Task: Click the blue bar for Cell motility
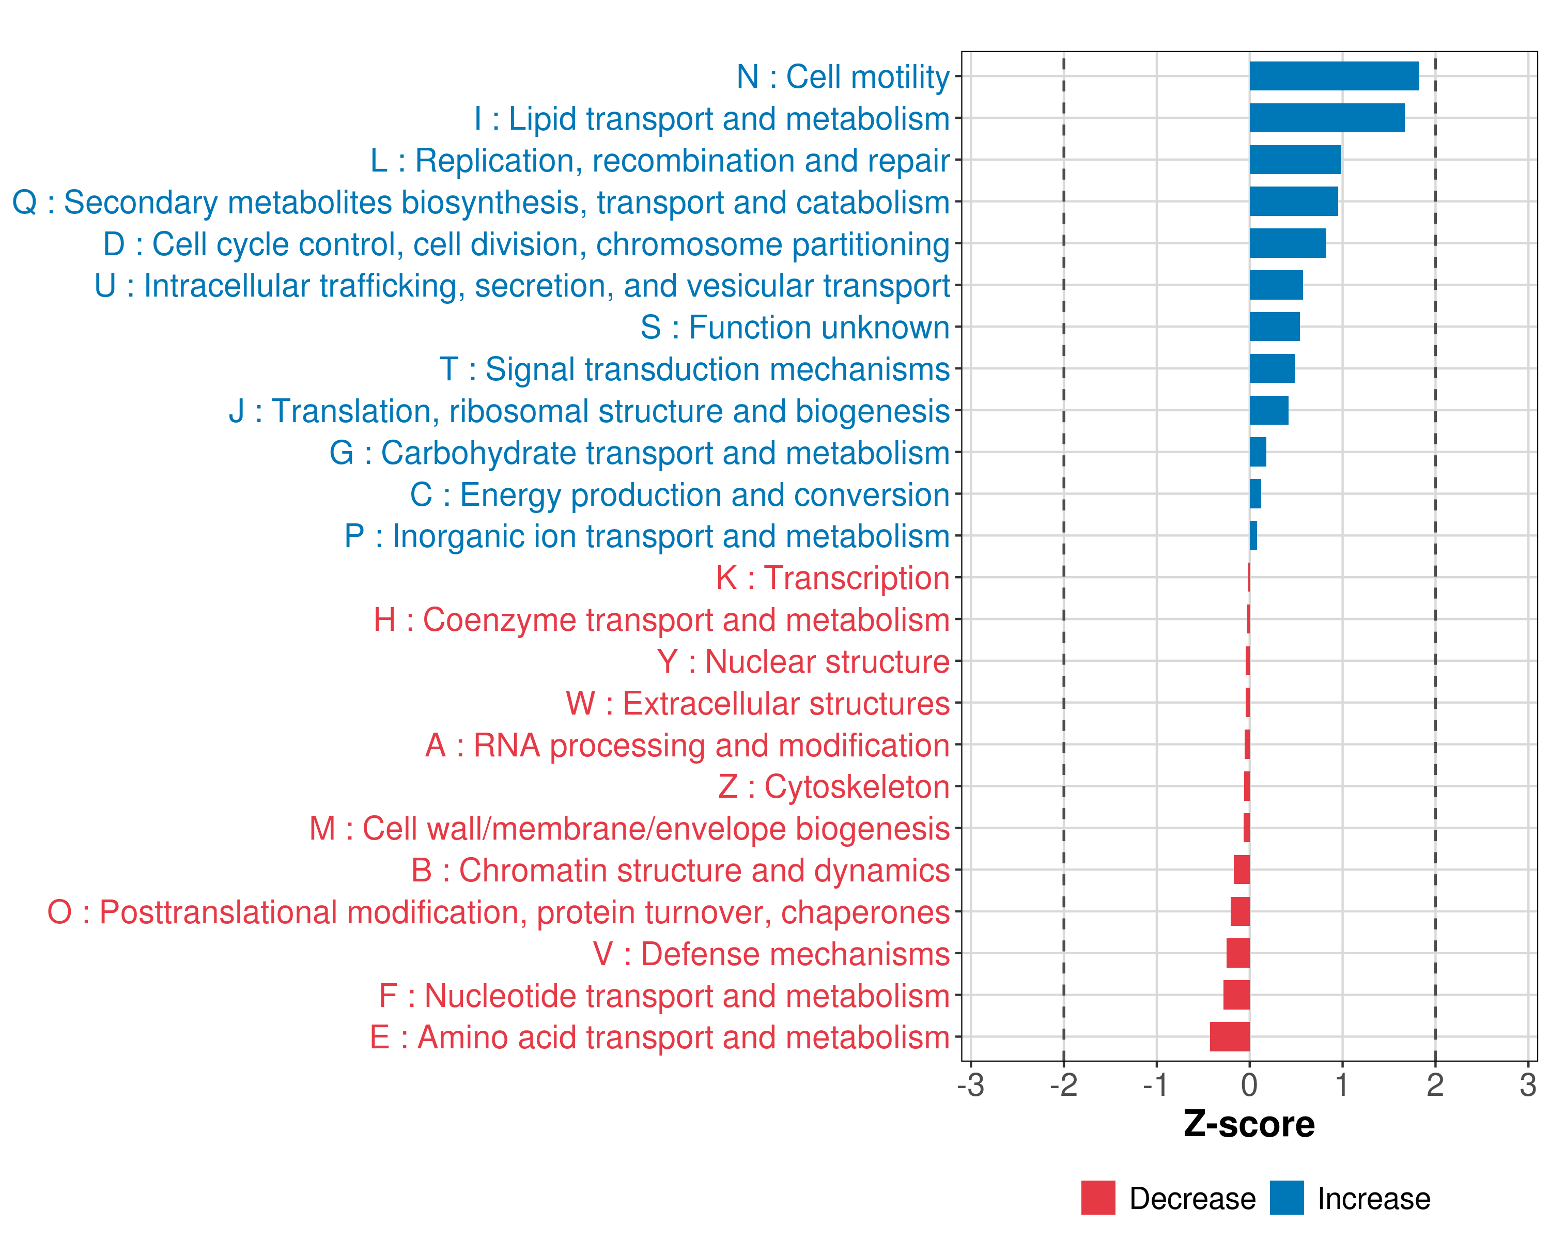1334,76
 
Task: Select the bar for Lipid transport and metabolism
1326,118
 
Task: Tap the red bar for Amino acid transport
1229,1036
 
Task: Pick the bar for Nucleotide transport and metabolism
1236,995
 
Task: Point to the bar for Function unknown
1274,327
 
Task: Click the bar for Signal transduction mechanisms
1272,368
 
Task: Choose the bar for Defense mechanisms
1237,953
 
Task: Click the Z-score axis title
1249,1124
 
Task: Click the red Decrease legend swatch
1098,1198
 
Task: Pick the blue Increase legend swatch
1286,1198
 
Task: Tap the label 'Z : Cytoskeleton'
834,786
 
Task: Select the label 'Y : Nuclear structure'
803,661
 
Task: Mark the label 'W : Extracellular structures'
758,703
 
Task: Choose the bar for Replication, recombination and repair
1295,160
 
